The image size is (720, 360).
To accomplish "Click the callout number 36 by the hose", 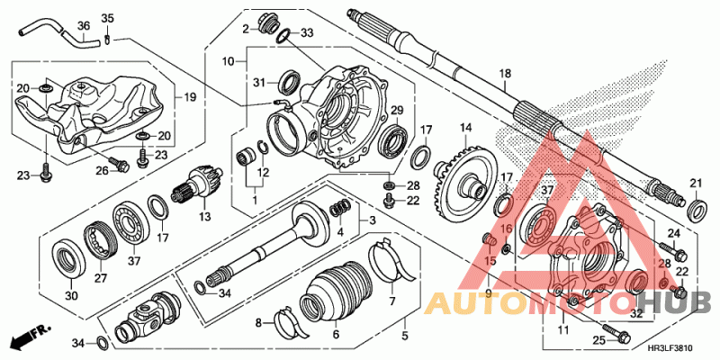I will click(x=83, y=25).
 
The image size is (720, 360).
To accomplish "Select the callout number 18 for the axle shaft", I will click(x=505, y=74).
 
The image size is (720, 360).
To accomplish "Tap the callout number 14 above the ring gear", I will click(x=466, y=127).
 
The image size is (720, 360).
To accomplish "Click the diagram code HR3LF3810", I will click(x=670, y=348).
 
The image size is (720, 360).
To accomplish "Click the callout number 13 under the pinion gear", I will click(x=204, y=217).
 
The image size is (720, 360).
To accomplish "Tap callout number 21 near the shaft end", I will click(x=694, y=184).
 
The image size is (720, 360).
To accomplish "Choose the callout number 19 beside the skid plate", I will click(x=190, y=97).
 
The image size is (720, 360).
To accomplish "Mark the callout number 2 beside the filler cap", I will click(x=243, y=29).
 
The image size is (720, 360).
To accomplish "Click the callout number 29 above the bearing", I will click(x=392, y=109).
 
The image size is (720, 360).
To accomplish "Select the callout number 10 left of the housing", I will click(x=229, y=61).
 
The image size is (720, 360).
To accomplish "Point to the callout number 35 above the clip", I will click(x=107, y=19).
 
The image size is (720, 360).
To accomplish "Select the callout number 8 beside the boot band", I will click(x=258, y=321).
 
